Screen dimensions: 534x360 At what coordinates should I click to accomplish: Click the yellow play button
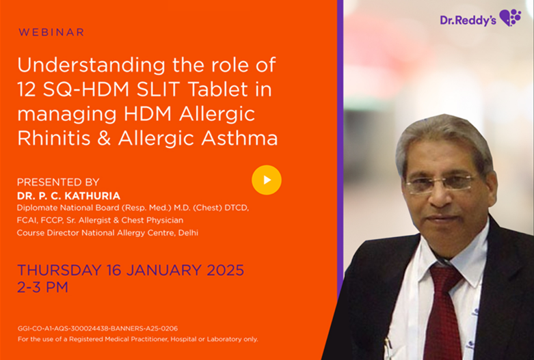point(267,180)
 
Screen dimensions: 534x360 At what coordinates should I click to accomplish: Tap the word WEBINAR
point(51,32)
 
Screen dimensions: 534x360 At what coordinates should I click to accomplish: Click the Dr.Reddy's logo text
point(468,20)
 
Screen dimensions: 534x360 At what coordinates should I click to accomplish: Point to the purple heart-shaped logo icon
point(510,18)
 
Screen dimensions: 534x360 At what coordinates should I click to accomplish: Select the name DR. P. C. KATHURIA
point(69,196)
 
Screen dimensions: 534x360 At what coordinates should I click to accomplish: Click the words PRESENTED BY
point(58,182)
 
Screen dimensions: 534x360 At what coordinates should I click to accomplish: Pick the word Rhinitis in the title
point(54,138)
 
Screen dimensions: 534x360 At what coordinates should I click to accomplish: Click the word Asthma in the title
point(239,138)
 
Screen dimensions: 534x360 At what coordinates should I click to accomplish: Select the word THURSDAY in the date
point(59,270)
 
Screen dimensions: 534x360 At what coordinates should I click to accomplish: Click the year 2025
point(226,270)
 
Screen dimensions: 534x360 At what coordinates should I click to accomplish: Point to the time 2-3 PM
point(43,287)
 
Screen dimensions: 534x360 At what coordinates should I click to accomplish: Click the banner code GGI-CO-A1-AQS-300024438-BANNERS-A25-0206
point(98,329)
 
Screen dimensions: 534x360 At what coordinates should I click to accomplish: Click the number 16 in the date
point(114,270)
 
